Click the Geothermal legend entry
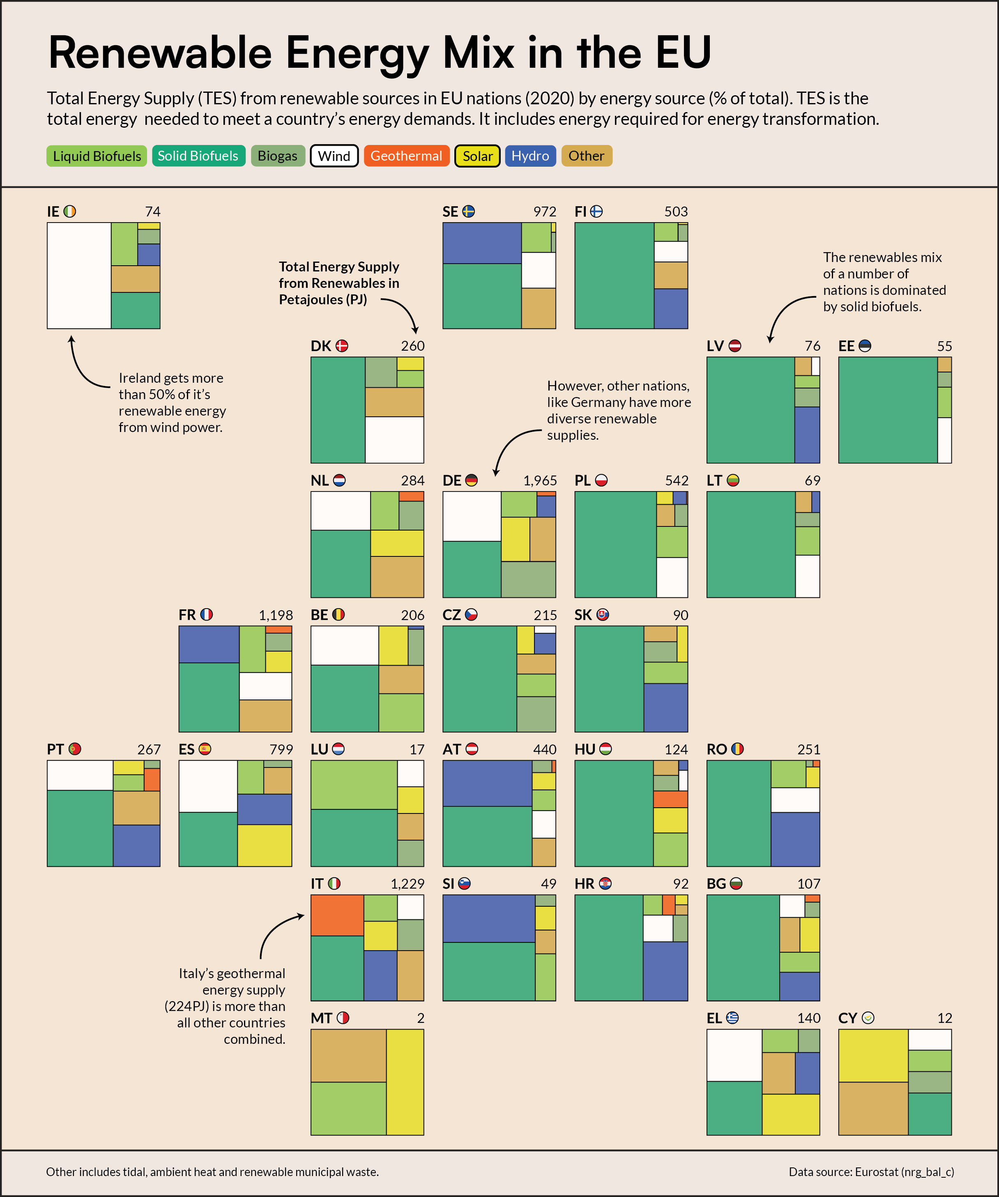pyautogui.click(x=406, y=156)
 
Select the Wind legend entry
pyautogui.click(x=334, y=156)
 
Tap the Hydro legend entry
pyautogui.click(x=530, y=156)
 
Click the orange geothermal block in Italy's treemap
pyautogui.click(x=337, y=915)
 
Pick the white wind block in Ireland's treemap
pyautogui.click(x=79, y=275)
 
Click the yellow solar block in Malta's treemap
pyautogui.click(x=405, y=1081)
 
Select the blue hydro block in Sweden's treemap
pyautogui.click(x=482, y=243)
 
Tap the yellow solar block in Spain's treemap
pyautogui.click(x=264, y=845)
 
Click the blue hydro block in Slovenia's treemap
pyautogui.click(x=489, y=918)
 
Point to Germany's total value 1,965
pyautogui.click(x=539, y=480)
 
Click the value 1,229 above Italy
pyautogui.click(x=407, y=884)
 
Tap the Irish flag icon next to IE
pyautogui.click(x=69, y=211)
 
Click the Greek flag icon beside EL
pyautogui.click(x=732, y=1018)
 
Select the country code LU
pyautogui.click(x=319, y=749)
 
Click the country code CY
pyautogui.click(x=847, y=1018)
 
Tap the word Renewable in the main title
pyautogui.click(x=160, y=53)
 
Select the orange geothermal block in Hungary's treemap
pyautogui.click(x=670, y=799)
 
